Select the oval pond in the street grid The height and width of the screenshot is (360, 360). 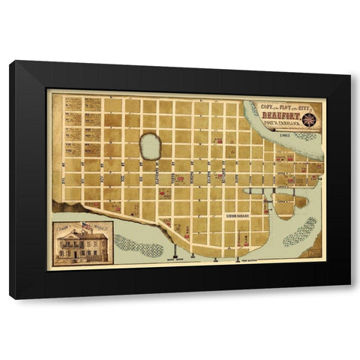[x=150, y=147]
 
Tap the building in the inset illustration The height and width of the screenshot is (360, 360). [x=82, y=245]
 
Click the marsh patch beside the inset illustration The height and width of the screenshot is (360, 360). [x=137, y=245]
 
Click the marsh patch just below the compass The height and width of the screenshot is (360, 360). [x=306, y=136]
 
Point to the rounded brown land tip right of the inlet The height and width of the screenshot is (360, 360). [x=301, y=201]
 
